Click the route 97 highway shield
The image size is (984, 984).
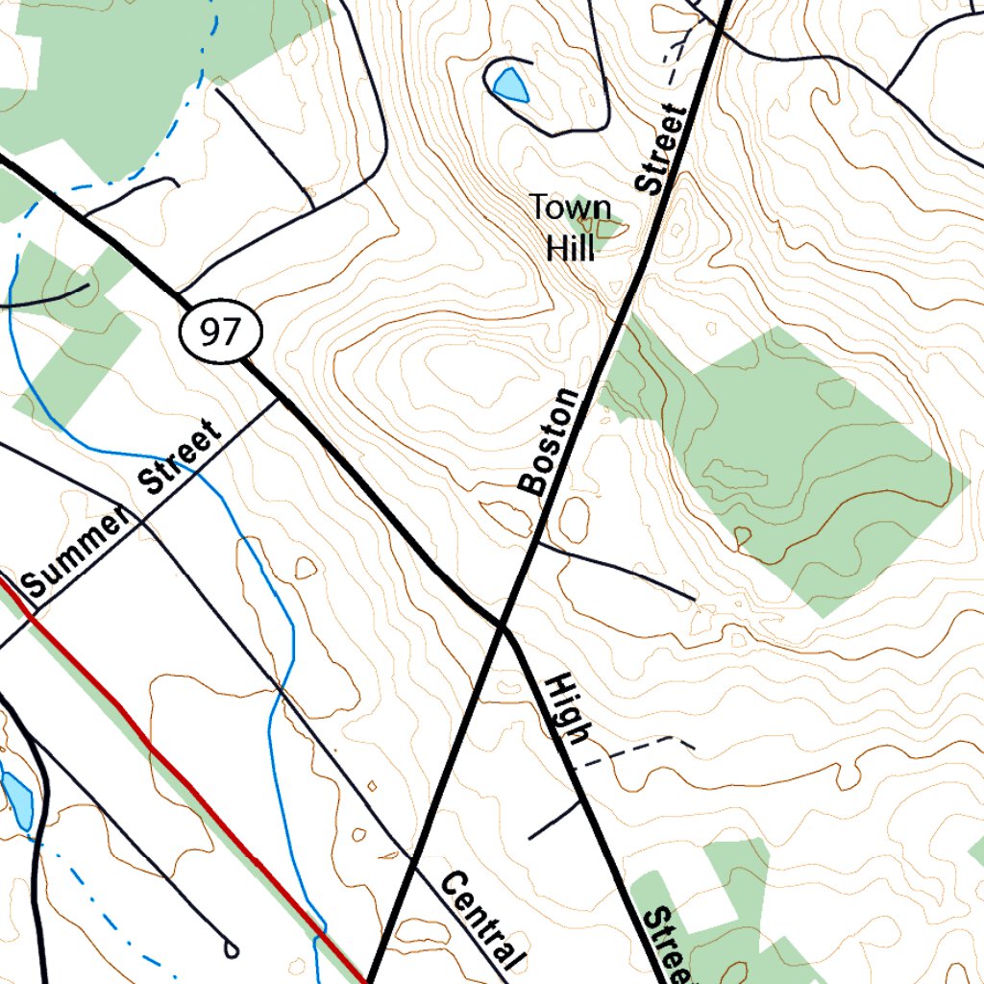(220, 332)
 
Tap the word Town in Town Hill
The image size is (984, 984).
(570, 208)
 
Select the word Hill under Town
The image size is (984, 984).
(570, 249)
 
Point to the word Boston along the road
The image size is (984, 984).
(550, 442)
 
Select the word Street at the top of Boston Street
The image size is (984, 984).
(662, 150)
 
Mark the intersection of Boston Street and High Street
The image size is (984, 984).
(502, 627)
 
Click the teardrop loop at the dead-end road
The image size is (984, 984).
(231, 949)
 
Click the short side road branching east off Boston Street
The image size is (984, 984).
(615, 569)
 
